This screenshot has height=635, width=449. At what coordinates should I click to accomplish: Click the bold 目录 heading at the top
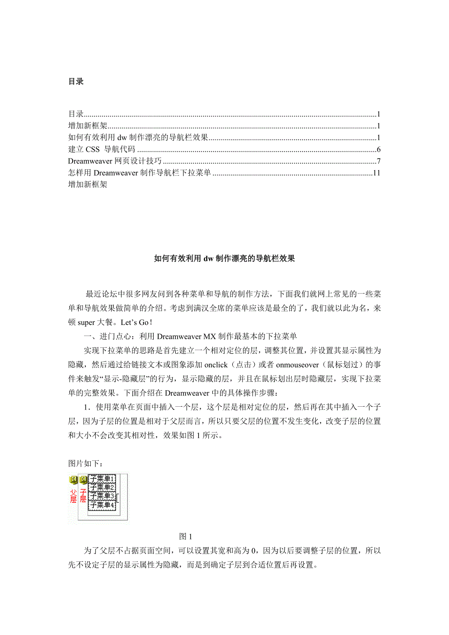76,81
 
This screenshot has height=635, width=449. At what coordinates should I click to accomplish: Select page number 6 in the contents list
378,150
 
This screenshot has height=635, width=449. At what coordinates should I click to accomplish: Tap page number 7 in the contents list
378,161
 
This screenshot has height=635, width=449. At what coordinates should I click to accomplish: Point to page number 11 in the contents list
376,173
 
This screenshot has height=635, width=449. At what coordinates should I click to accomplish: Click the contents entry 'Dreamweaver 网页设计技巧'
115,161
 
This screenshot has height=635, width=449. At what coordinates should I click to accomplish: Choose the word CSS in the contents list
93,150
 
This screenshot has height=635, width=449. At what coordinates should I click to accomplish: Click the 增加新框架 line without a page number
88,184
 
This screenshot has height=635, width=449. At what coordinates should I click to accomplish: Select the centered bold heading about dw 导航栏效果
224,259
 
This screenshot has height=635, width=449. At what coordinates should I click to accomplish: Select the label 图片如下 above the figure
86,463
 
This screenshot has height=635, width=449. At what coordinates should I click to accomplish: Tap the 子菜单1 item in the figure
102,478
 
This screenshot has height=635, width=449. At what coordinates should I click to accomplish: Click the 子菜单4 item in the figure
102,505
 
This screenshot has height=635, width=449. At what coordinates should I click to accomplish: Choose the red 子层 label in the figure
83,496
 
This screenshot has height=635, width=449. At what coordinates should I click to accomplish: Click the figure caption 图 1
187,536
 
